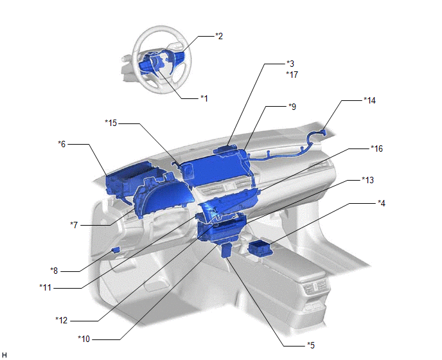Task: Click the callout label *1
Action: click(204, 98)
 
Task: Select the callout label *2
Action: click(219, 36)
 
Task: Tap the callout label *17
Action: click(292, 75)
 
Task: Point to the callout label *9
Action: click(292, 107)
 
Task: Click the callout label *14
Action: click(369, 100)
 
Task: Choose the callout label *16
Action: click(377, 148)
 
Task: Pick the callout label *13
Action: click(368, 180)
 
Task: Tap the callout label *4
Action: click(382, 203)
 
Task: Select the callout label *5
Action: click(311, 345)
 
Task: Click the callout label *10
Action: click(84, 339)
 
